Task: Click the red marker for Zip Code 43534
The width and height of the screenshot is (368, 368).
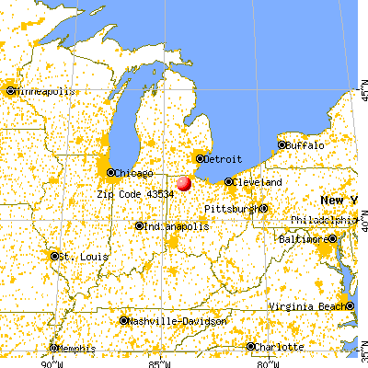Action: pos(185,183)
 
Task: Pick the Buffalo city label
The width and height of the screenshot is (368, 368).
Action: pos(305,145)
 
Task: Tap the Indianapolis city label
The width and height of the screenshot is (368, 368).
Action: pos(172,226)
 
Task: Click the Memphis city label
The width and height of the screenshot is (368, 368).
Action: pos(77,349)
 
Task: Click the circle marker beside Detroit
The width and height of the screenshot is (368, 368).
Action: pos(199,159)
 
